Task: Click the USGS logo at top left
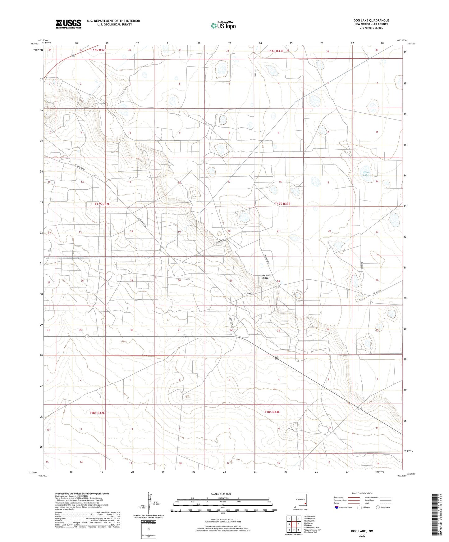(68, 24)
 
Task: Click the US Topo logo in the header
(223, 25)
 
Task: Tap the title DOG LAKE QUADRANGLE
(371, 20)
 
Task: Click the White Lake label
(366, 174)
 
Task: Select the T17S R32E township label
(102, 204)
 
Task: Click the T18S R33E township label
(272, 412)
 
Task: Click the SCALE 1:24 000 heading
(221, 494)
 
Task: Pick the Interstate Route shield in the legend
(337, 507)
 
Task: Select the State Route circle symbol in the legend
(378, 507)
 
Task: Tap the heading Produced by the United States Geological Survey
(82, 493)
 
